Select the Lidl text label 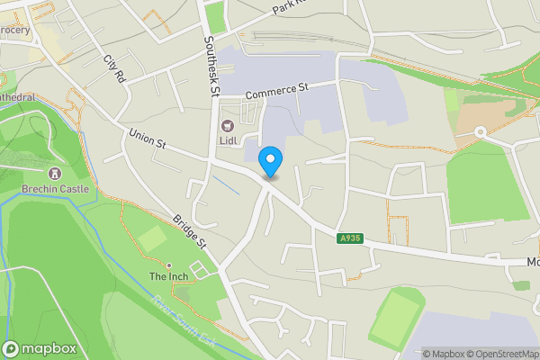227,141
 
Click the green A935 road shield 351,238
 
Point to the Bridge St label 190,231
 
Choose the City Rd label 113,69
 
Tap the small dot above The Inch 167,265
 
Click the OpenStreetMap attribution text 499,353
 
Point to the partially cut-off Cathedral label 18,96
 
